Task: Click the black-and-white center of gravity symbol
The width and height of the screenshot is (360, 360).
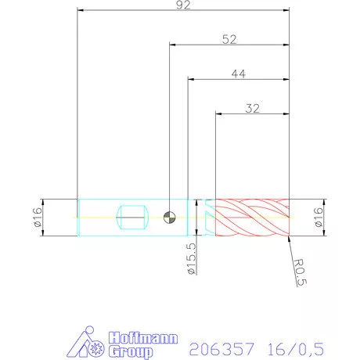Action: tap(170, 216)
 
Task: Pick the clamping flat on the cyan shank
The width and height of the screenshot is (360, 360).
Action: tap(131, 216)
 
